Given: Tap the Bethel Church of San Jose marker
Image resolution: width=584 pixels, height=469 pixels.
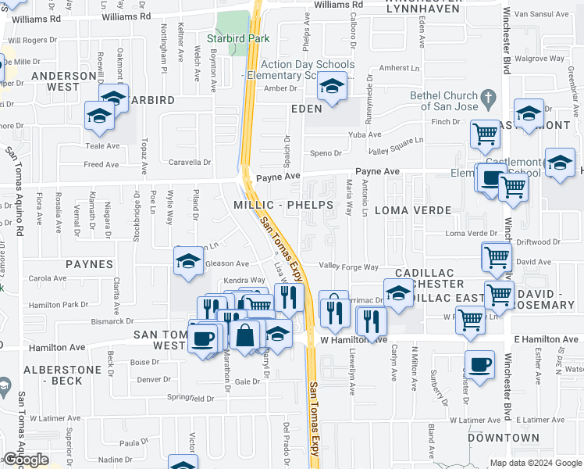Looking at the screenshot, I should [x=489, y=99].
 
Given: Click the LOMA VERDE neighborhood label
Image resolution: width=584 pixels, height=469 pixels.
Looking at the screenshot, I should [x=413, y=210].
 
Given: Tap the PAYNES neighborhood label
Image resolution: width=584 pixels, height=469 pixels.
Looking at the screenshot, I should [x=89, y=264].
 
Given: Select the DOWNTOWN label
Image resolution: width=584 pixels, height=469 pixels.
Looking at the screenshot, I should [x=504, y=438].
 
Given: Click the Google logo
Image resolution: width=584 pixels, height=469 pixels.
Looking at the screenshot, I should [x=26, y=460].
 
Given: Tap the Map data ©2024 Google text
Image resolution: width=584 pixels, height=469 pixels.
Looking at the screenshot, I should [x=535, y=463].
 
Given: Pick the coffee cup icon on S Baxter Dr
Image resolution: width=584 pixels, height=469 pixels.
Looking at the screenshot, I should [x=479, y=363].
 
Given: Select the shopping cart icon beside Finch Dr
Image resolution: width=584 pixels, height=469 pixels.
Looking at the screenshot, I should [x=485, y=134].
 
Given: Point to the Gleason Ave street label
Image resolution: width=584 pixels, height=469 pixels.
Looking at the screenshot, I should [x=226, y=263].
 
